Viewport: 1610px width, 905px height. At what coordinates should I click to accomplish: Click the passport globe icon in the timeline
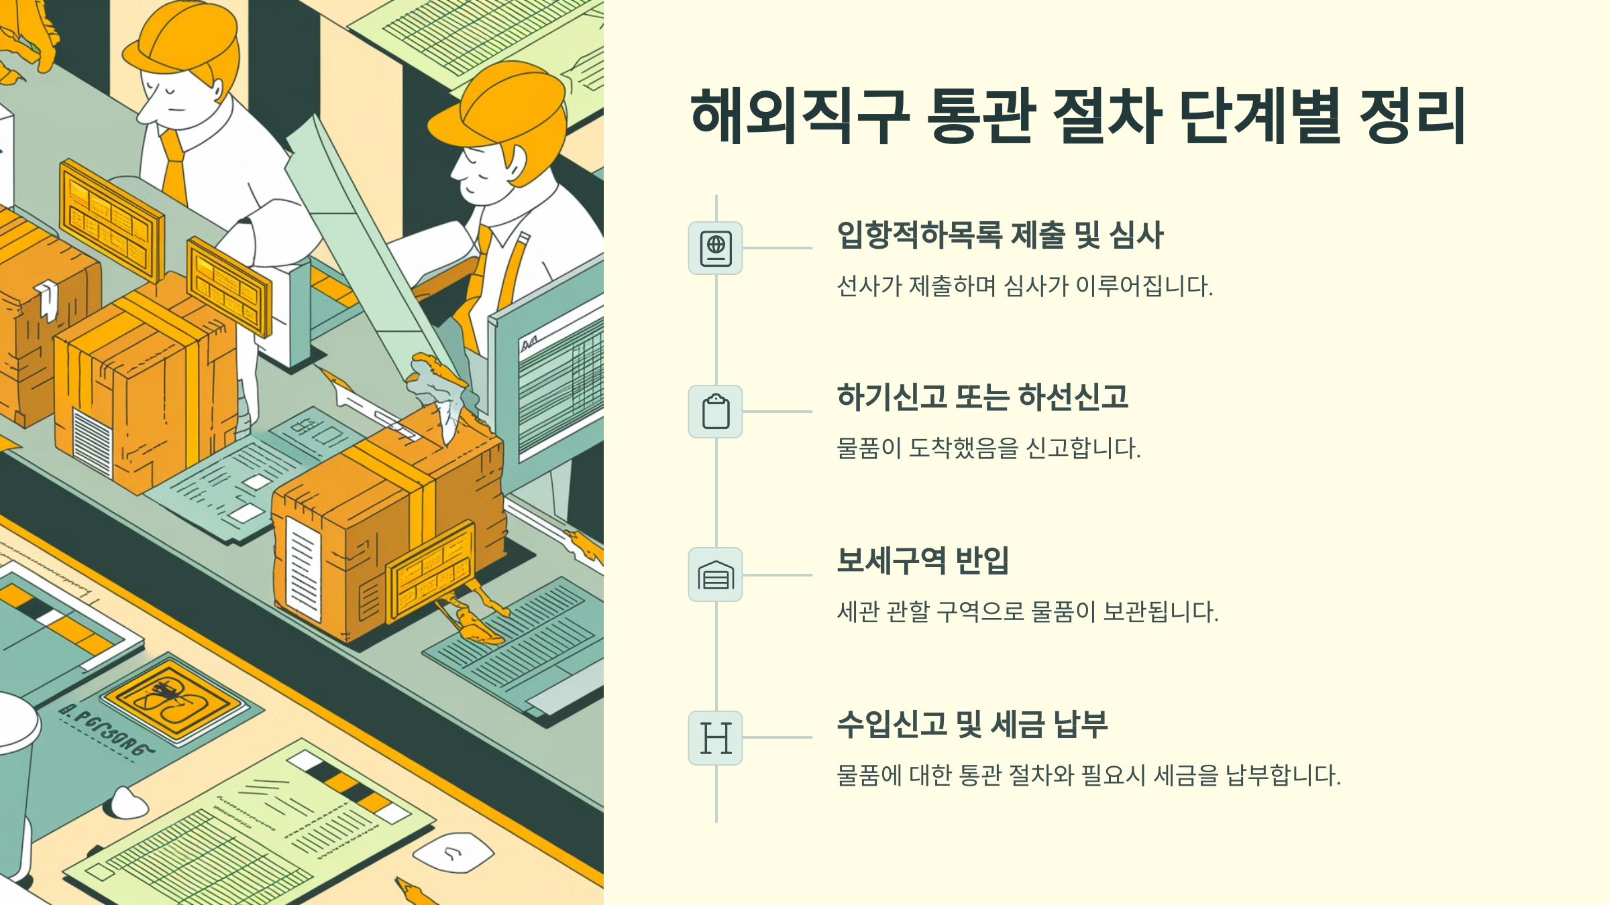click(x=716, y=248)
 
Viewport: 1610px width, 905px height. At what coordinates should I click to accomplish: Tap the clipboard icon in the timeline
click(x=716, y=412)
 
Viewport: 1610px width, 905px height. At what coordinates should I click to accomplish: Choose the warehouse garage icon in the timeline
click(x=716, y=575)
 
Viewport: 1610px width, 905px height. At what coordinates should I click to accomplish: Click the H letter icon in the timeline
click(x=716, y=738)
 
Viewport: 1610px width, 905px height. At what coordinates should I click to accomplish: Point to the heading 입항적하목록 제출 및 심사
click(x=1000, y=235)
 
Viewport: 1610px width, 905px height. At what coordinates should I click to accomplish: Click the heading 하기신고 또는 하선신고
click(x=983, y=397)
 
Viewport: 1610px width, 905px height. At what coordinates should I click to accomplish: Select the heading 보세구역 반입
click(x=923, y=560)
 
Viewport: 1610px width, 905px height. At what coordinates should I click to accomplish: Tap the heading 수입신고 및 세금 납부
click(x=973, y=724)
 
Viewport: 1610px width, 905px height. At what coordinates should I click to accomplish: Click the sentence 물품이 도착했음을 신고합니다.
click(x=989, y=448)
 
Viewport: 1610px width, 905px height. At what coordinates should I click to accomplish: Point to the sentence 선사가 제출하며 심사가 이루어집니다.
click(x=1025, y=286)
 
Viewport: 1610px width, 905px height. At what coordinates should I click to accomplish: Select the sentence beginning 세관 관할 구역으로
click(x=1028, y=611)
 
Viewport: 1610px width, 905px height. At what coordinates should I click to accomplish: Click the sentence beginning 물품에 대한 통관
click(x=1089, y=776)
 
